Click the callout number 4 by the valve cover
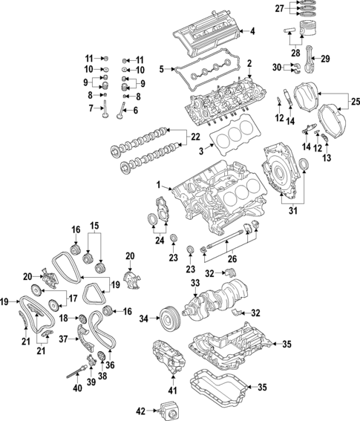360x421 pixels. (252, 31)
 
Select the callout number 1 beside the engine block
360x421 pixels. (158, 184)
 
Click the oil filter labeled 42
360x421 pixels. (168, 408)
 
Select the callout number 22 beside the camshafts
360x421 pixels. (195, 137)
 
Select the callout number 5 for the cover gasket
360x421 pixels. (160, 70)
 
